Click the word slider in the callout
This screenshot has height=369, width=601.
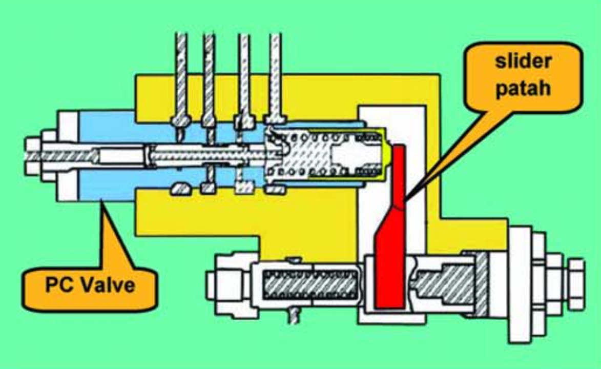pos(523,62)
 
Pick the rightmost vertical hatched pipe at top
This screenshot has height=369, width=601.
pos(275,77)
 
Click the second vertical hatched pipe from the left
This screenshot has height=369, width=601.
pos(209,77)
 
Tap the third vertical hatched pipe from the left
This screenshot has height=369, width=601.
pos(244,77)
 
